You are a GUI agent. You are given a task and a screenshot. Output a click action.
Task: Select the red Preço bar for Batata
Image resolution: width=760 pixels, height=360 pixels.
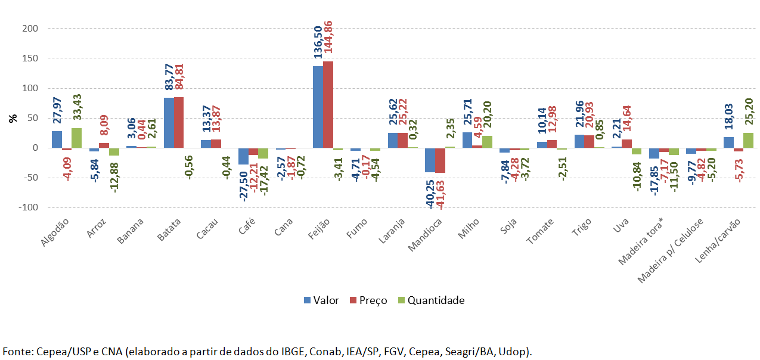tap(179, 123)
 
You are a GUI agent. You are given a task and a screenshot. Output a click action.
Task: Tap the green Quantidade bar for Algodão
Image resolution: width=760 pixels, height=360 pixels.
tap(76, 138)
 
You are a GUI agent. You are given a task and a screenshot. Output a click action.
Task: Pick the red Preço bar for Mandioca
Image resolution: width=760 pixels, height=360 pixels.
tap(440, 160)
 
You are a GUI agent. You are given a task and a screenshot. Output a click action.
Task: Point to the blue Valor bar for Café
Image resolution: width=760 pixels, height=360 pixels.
tap(244, 156)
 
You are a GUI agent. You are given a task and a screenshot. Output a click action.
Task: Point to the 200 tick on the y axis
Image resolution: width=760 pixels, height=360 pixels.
tap(30, 29)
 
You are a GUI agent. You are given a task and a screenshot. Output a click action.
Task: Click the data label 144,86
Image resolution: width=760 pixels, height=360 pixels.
tap(327, 39)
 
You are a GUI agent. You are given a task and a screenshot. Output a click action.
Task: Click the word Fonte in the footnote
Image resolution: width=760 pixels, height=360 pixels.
tap(15, 351)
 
